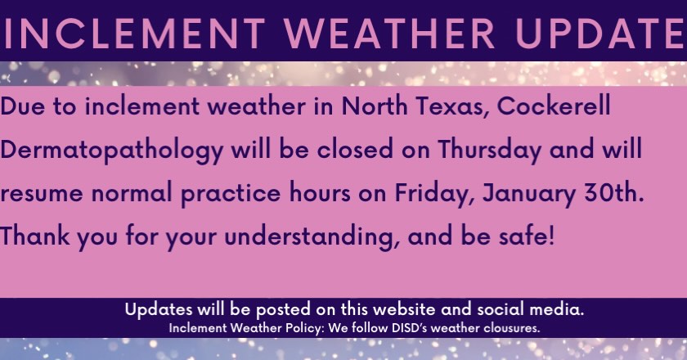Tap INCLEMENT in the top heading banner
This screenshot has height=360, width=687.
(x=134, y=34)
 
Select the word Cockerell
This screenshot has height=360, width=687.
(x=554, y=106)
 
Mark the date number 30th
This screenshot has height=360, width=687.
(x=614, y=193)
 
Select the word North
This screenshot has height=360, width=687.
(x=375, y=106)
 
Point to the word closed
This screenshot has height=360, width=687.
(x=355, y=149)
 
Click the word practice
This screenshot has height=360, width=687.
(x=231, y=194)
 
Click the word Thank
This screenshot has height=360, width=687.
(x=35, y=236)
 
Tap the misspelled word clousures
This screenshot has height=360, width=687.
(x=512, y=327)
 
